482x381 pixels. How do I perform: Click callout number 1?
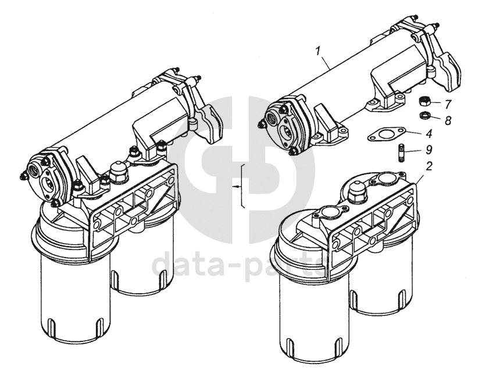click(x=319, y=51)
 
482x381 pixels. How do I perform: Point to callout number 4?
click(x=429, y=133)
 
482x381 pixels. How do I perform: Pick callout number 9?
click(x=429, y=149)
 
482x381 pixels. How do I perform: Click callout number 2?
click(x=429, y=166)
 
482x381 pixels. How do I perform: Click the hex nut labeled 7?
click(x=424, y=101)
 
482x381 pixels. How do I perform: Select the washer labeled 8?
click(x=424, y=116)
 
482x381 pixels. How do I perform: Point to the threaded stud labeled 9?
click(x=401, y=152)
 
